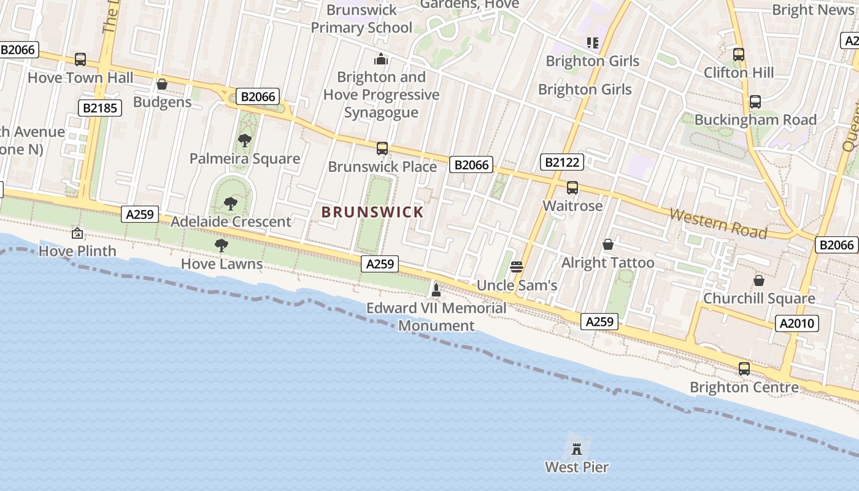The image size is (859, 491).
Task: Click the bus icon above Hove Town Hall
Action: [80, 60]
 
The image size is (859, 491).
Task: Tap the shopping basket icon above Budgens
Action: [162, 84]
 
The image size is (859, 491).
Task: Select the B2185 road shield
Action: [100, 109]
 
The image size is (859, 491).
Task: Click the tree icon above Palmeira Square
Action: [245, 141]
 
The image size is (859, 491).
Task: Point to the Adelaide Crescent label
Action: [231, 222]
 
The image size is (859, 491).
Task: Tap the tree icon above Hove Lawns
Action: [221, 246]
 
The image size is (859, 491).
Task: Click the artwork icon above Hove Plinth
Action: [77, 233]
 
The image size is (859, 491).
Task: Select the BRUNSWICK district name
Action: [372, 212]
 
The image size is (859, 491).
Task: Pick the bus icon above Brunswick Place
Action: [382, 149]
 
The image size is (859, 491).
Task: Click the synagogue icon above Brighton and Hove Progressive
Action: [381, 60]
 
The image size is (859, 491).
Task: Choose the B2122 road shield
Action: [561, 163]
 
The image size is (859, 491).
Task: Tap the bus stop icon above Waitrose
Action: [572, 188]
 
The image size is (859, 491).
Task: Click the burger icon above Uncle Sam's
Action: [517, 267]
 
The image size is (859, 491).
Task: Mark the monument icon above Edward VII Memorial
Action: [436, 290]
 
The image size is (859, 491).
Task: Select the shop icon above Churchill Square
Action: [759, 280]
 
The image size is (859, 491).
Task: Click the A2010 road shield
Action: [797, 323]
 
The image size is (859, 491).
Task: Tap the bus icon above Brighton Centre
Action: [744, 369]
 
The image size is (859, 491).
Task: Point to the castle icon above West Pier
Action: [577, 449]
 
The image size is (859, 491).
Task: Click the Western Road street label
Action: [718, 223]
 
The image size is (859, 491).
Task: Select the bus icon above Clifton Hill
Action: [739, 54]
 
